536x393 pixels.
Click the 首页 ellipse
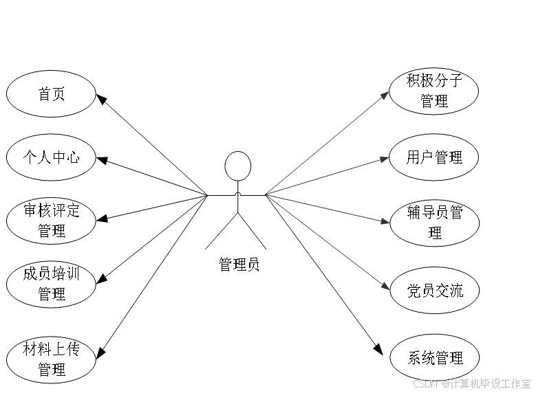click(51, 93)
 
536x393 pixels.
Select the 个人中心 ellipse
click(51, 157)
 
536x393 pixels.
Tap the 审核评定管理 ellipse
click(51, 221)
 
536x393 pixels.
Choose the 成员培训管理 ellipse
click(51, 284)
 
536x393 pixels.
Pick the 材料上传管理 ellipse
click(51, 359)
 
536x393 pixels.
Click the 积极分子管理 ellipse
click(434, 91)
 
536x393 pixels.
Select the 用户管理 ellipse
click(434, 157)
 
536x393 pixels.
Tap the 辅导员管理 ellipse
click(434, 223)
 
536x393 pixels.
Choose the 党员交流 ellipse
click(434, 290)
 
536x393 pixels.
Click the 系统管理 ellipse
click(434, 357)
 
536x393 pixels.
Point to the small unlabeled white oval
click(237, 166)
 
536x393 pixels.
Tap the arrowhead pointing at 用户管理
click(386, 159)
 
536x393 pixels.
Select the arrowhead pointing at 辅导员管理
click(386, 221)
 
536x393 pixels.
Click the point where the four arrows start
click(266, 194)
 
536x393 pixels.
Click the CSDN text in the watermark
click(425, 383)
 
